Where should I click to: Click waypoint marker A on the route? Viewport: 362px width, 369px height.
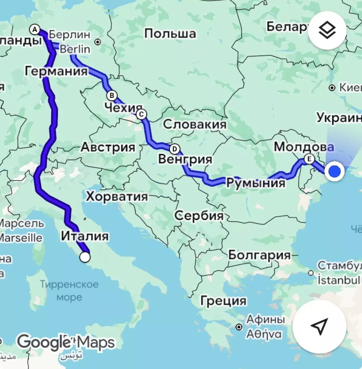coord(35,30)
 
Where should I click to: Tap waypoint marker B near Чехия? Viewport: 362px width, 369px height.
coord(112,96)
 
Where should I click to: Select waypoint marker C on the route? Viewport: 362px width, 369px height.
coord(142,114)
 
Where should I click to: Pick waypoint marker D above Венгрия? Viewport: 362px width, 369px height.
coord(175,149)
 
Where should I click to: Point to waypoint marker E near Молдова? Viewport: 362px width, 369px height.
coord(309,159)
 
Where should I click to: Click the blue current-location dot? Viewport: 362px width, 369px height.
coord(334,171)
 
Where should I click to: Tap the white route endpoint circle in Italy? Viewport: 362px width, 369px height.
coord(85,257)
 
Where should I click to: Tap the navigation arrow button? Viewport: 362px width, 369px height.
coord(319,326)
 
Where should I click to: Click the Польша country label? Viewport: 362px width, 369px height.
coord(170,34)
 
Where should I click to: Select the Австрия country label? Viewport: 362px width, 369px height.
coord(108,147)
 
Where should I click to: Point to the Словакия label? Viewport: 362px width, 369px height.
coord(195,124)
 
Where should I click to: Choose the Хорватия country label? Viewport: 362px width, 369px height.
coord(117,197)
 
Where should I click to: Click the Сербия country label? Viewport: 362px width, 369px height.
coord(199,215)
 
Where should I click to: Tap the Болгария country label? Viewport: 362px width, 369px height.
coord(259,255)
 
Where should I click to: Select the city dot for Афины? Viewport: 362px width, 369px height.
coord(239,327)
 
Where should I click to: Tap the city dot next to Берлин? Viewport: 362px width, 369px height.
coord(98,42)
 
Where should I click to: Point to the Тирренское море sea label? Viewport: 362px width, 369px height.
coord(69,291)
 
